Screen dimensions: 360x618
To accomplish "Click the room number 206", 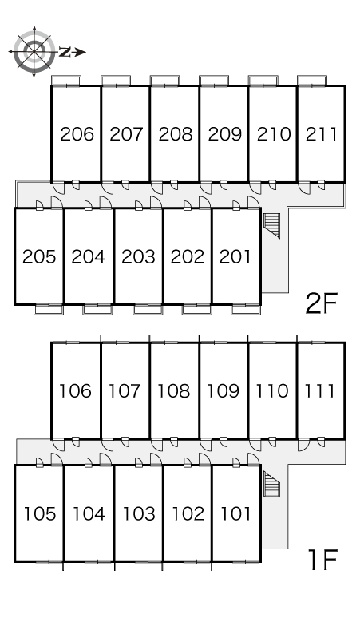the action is [77, 134].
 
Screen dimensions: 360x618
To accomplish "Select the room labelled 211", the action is [322, 134].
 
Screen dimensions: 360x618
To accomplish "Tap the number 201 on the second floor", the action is [235, 256].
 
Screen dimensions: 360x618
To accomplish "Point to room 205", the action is [39, 256].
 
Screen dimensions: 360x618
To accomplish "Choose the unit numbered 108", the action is [174, 391].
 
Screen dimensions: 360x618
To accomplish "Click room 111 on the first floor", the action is [319, 391].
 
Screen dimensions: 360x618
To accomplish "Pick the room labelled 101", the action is [235, 513].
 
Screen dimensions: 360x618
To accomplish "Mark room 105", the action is [40, 513].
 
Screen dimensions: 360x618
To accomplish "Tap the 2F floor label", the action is [322, 303].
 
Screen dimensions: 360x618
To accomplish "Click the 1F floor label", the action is [323, 560].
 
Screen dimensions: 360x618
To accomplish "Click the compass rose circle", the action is [34, 51].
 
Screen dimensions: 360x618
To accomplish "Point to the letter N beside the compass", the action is [65, 52].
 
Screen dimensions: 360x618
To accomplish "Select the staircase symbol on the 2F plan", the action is [271, 225].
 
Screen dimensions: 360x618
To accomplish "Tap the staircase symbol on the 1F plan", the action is [271, 484].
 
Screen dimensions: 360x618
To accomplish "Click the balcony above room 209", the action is [213, 81].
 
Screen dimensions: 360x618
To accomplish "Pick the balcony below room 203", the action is [148, 309].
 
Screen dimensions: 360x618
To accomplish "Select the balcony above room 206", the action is [66, 81].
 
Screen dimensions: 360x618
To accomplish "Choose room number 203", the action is [138, 256].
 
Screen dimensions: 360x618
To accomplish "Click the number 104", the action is [89, 513].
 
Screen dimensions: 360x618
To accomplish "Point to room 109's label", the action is [223, 391].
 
